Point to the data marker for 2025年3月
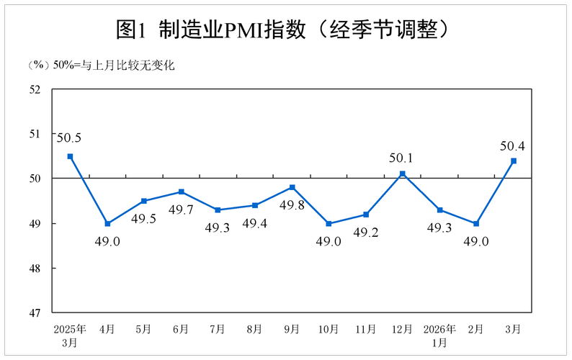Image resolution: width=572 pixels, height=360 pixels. (70, 156)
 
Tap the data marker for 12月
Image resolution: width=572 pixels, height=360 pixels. (403, 174)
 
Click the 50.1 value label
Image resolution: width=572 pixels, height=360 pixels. (401, 157)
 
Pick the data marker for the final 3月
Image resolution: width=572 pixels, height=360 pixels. (514, 161)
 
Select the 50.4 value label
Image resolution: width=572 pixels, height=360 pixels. (512, 146)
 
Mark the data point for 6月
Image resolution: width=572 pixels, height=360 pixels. (181, 192)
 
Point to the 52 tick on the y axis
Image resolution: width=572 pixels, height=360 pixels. (35, 89)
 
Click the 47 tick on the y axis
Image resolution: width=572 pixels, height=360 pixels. (35, 313)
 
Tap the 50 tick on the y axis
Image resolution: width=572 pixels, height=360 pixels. (35, 179)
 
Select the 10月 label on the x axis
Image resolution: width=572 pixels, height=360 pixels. (329, 329)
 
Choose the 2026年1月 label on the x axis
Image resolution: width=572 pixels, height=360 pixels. (439, 335)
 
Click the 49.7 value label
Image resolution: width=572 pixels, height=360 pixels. (181, 210)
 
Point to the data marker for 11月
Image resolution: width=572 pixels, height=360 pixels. (366, 215)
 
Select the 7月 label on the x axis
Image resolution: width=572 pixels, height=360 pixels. (218, 329)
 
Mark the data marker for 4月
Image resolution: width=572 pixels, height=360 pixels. (107, 223)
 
